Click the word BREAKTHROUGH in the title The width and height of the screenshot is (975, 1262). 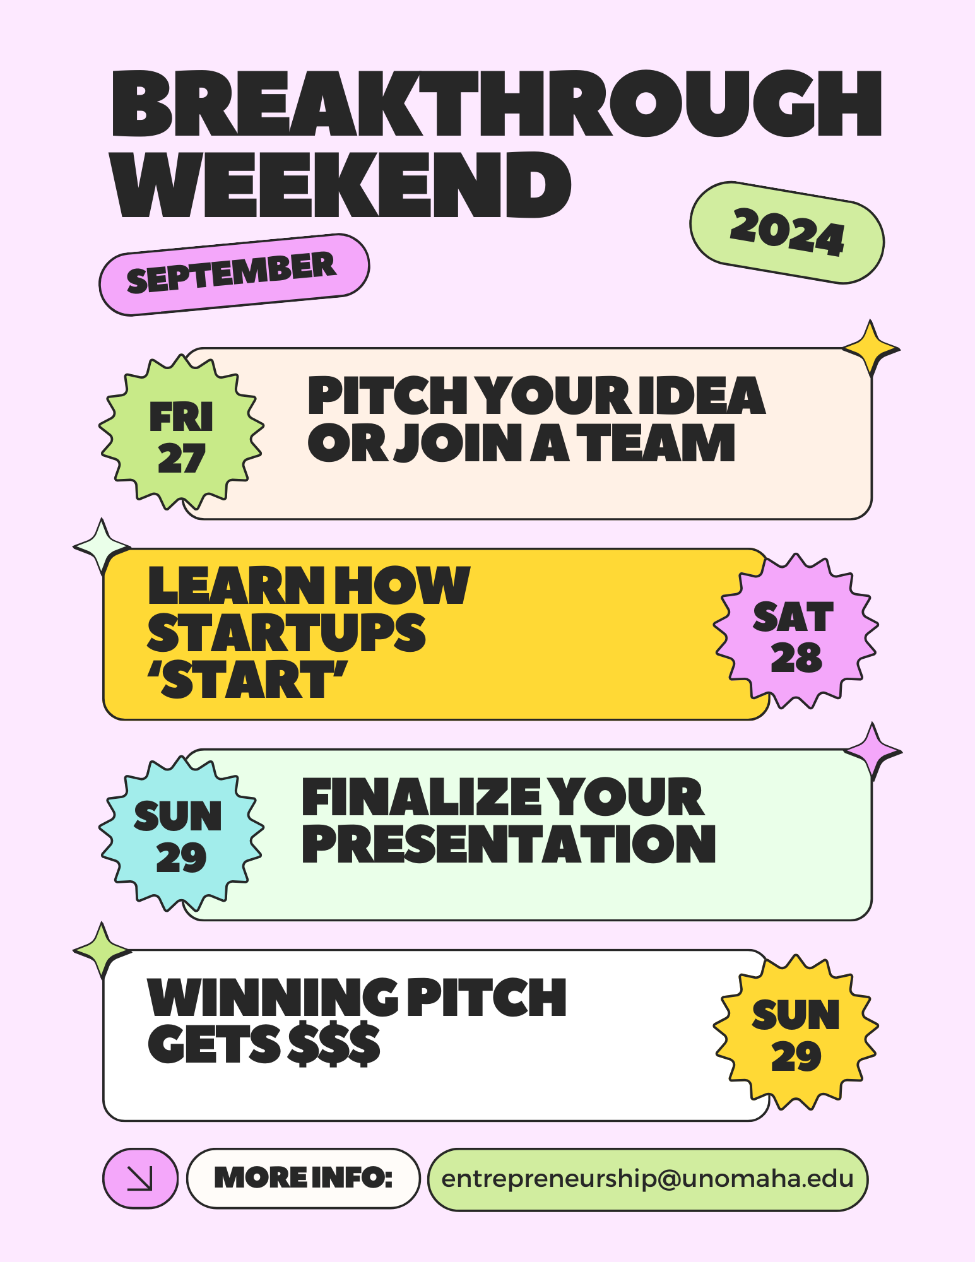coord(497,103)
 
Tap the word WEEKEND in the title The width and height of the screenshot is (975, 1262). coord(341,185)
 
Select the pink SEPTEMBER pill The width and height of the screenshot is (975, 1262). coord(234,274)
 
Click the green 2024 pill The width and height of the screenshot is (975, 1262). coord(787,233)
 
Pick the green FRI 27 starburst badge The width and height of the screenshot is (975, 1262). coord(182,432)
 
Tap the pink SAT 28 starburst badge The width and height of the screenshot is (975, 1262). coord(796,631)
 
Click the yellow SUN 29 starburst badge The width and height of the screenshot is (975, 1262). coord(796,1032)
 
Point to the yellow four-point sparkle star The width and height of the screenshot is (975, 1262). coord(871,348)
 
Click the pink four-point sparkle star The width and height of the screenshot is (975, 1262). coord(873,751)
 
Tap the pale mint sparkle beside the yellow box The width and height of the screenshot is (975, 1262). coord(102,547)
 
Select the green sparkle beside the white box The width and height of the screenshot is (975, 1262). coord(102,950)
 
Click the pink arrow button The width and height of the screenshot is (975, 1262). coord(140,1178)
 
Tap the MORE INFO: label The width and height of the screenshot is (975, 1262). coord(304,1178)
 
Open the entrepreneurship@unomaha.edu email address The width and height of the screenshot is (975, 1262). coord(647,1179)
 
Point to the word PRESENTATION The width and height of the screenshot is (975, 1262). coord(509,844)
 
